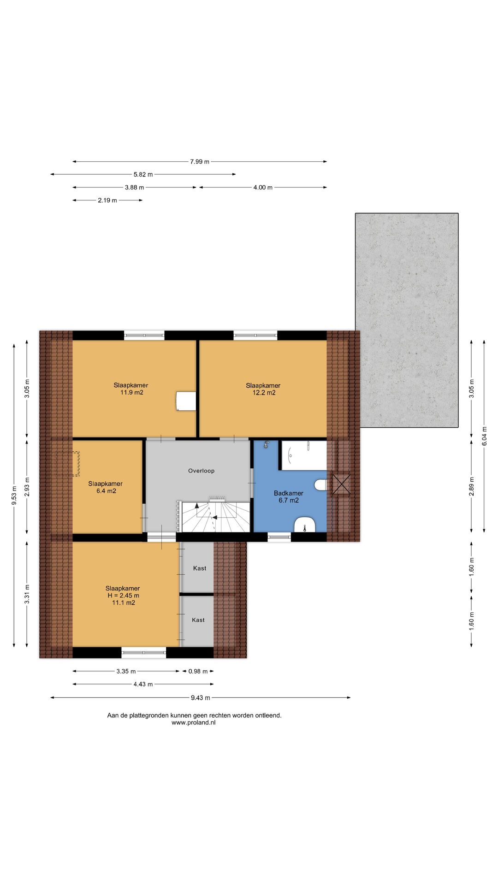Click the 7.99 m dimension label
(x=200, y=162)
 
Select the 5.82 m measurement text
(x=143, y=175)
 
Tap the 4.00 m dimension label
(x=263, y=188)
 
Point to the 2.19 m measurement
(x=107, y=201)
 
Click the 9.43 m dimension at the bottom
(x=201, y=698)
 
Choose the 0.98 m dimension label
(x=198, y=672)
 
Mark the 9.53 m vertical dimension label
(x=14, y=496)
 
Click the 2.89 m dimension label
(x=472, y=487)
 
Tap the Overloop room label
(x=201, y=471)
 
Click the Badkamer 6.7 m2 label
(x=289, y=497)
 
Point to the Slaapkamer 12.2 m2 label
(x=263, y=389)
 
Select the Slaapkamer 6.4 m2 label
(x=106, y=488)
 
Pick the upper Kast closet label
(x=200, y=568)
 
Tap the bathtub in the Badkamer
(x=304, y=455)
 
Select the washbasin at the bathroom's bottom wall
(x=304, y=524)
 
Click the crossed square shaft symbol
(x=341, y=485)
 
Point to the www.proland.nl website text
(x=194, y=723)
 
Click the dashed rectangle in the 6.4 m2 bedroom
(x=68, y=464)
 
